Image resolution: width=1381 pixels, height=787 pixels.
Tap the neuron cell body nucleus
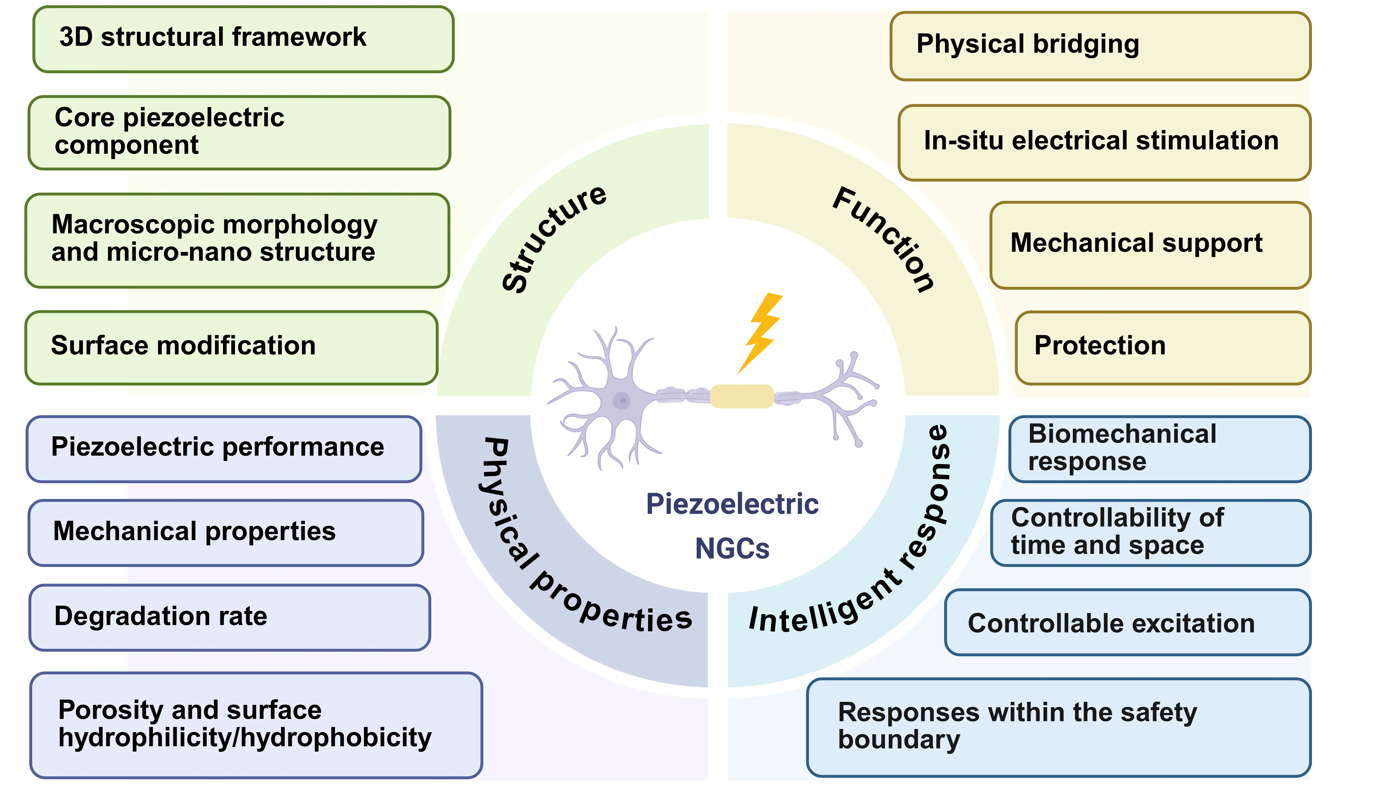click(x=622, y=401)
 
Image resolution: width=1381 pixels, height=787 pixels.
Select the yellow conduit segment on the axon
click(x=742, y=396)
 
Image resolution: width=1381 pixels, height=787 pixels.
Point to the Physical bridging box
click(x=1100, y=46)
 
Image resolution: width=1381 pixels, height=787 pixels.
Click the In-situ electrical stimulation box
click(x=1104, y=142)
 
